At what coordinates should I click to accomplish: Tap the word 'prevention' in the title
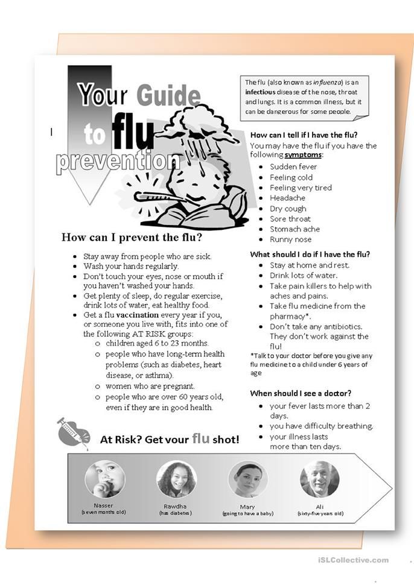click(x=118, y=161)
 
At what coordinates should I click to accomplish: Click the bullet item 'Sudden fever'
click(x=293, y=166)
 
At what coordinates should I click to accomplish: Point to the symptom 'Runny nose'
click(x=291, y=239)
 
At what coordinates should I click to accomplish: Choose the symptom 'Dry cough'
click(x=288, y=209)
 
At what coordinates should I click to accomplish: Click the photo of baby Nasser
click(x=104, y=479)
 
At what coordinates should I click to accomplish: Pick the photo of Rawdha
click(x=176, y=479)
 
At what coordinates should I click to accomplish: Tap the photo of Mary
click(x=247, y=479)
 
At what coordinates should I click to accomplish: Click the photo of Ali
click(x=319, y=479)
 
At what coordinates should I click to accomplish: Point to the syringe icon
click(x=73, y=431)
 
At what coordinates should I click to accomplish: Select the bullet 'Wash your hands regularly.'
click(x=131, y=266)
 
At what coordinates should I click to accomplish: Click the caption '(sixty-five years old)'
click(x=320, y=513)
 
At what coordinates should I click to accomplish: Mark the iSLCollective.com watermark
click(x=353, y=560)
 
